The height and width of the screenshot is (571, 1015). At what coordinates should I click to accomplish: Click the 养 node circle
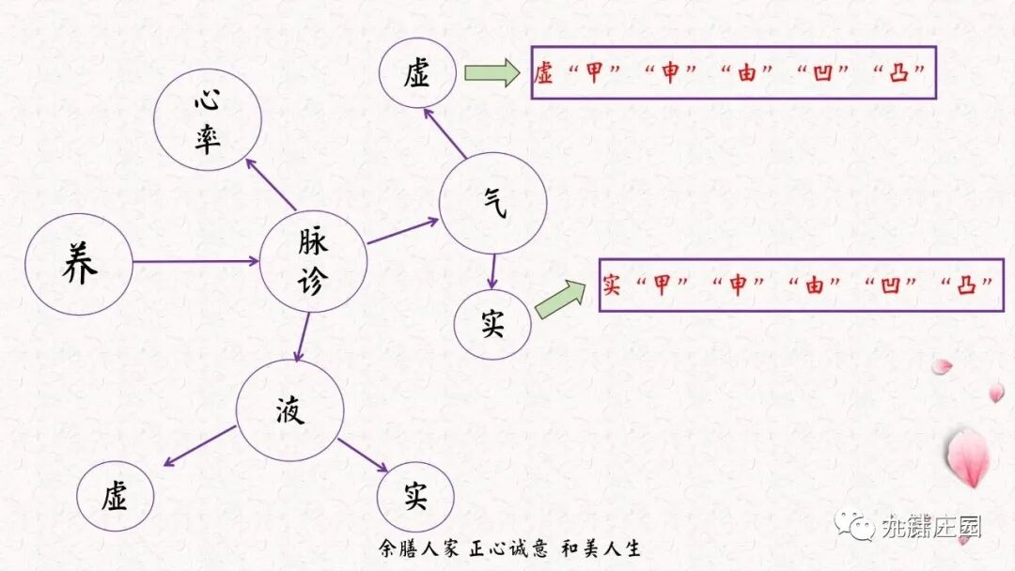coord(79,264)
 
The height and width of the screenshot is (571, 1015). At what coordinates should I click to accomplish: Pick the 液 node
coord(289,411)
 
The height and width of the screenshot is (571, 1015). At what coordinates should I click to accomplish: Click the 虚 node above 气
coord(418,74)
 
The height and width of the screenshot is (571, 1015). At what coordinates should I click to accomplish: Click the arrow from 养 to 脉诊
coord(195,261)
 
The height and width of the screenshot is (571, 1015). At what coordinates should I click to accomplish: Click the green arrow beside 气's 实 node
coord(560,298)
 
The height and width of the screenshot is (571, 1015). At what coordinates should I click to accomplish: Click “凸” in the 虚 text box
coord(899,74)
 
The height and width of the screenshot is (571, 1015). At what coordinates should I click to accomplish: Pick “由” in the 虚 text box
coord(747,74)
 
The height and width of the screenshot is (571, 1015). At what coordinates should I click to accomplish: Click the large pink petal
coord(967,458)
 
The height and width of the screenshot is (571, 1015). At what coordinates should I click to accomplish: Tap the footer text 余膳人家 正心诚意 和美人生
coord(508,548)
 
